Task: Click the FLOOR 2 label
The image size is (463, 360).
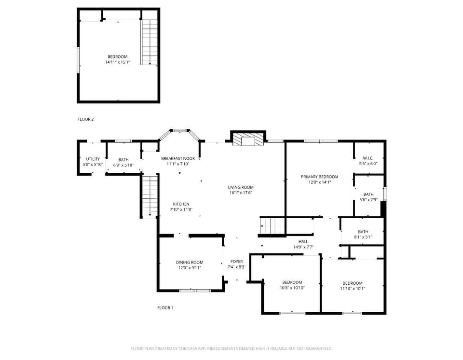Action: pos(86,119)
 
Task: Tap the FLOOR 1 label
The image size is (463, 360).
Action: pos(165,308)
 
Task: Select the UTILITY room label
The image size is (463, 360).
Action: pos(93,159)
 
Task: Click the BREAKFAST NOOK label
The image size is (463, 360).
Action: pos(178,158)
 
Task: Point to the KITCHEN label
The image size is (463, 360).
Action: pos(181,204)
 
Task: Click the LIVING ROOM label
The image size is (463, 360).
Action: pos(241,187)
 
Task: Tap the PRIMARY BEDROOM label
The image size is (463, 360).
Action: pos(319,177)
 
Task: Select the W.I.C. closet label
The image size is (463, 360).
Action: pos(368,158)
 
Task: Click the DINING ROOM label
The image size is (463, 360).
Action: pos(190,263)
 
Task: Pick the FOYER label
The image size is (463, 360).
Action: pos(236,262)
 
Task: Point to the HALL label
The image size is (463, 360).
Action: pos(303,241)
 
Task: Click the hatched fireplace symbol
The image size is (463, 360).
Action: pos(248,139)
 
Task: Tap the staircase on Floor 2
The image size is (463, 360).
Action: pos(150,42)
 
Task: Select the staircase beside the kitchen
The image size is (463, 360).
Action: pos(150,196)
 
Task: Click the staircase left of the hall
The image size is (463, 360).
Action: pos(272,226)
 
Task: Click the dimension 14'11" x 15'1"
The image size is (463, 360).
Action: pos(118,62)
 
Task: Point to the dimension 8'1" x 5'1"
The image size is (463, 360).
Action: pos(363,237)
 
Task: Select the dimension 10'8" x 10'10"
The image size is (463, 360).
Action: pos(292,288)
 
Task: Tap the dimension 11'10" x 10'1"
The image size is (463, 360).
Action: pos(353,289)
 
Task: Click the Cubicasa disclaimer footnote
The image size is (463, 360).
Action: pos(231,349)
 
